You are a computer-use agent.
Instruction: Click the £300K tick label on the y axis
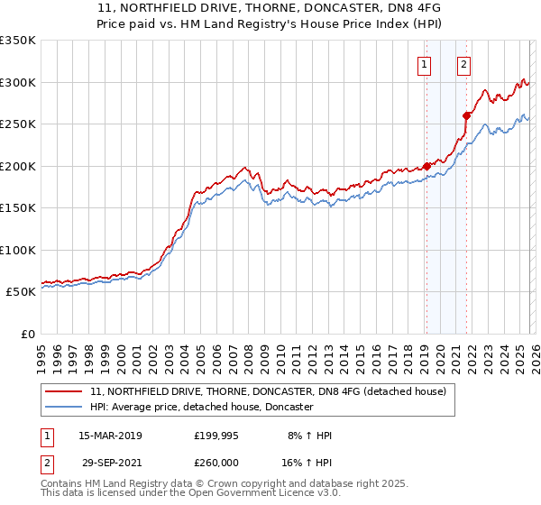click(18, 82)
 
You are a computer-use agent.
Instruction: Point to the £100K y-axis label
click(18, 250)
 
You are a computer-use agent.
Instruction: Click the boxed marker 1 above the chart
click(424, 64)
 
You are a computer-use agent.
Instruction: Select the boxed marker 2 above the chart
click(463, 64)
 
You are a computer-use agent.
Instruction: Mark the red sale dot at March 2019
click(426, 166)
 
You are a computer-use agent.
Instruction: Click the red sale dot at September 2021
click(467, 115)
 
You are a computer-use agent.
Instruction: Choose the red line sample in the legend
click(64, 392)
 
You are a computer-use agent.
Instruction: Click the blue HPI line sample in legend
click(64, 408)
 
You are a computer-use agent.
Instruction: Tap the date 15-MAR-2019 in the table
click(110, 436)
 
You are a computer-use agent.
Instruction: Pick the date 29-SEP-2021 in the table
click(110, 461)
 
